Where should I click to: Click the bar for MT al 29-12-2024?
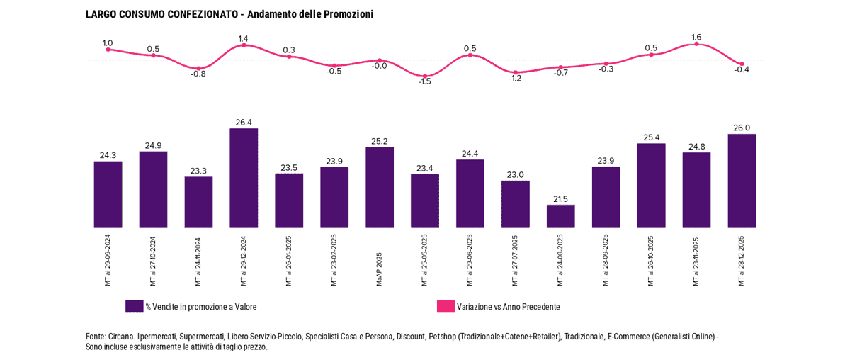point(244,178)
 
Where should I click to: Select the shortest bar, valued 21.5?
point(560,216)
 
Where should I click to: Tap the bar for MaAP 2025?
point(380,187)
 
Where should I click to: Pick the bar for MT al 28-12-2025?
point(742,181)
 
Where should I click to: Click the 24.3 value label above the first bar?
point(108,154)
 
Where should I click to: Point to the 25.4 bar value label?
point(651,137)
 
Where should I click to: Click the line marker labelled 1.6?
point(696,44)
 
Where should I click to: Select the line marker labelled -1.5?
point(425,76)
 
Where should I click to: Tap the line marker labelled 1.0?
point(108,50)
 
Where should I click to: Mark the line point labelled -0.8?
point(198,68)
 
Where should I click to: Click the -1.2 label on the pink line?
point(515,79)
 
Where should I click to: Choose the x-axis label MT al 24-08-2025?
point(560,260)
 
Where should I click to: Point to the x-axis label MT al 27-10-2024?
point(153,260)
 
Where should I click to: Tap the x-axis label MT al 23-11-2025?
point(696,260)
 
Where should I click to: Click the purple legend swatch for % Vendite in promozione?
point(134,306)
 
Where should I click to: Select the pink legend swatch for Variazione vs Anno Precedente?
point(446,306)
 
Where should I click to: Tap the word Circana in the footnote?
point(122,337)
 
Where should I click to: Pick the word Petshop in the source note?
point(442,337)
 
